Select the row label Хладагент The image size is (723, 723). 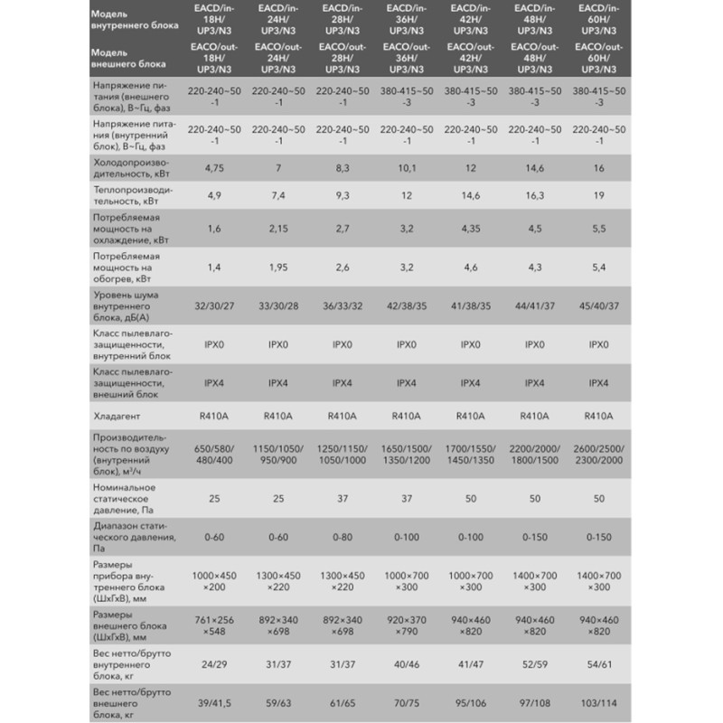click(117, 417)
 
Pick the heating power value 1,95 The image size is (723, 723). click(272, 268)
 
